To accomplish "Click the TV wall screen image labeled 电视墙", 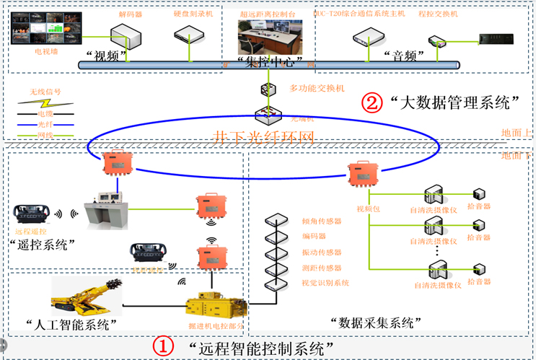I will tap(43, 29).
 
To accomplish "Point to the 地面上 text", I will tap(518, 133).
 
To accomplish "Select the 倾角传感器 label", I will tap(321, 221).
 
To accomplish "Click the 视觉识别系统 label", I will tap(325, 283).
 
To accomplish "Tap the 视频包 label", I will tap(366, 208).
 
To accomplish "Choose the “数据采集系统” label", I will tap(375, 320).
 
